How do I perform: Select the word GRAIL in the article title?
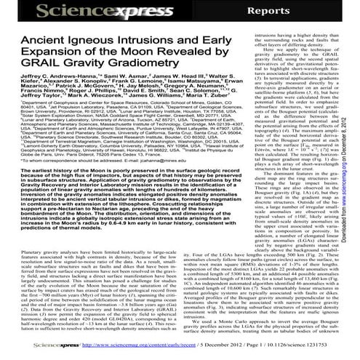(35, 71)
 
